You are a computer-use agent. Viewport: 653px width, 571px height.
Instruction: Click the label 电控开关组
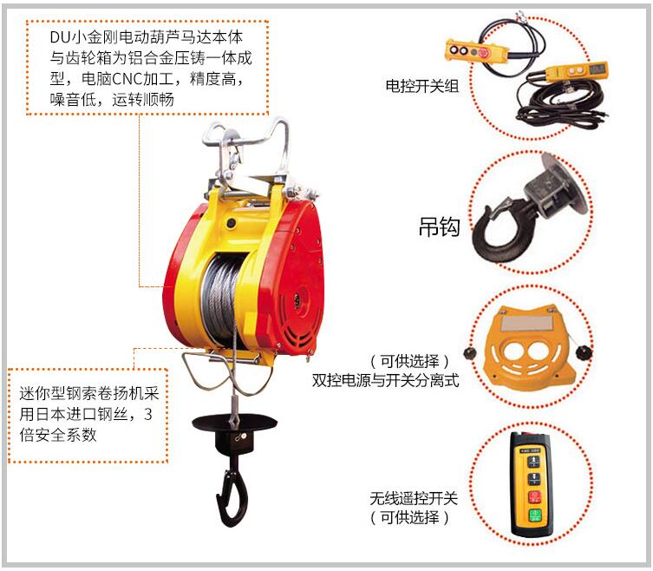tap(421, 86)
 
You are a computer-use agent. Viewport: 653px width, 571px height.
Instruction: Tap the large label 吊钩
tap(440, 227)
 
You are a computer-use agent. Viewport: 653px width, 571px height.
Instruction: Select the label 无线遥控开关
tap(414, 498)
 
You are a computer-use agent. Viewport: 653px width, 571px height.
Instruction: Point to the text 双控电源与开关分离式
tap(386, 380)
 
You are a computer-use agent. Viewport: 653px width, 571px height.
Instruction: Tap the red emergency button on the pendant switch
tap(484, 53)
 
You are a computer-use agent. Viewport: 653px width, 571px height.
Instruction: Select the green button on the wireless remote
tap(535, 515)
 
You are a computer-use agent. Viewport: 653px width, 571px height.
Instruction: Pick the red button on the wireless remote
tap(534, 497)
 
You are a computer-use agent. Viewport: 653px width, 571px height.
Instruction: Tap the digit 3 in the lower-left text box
tap(147, 414)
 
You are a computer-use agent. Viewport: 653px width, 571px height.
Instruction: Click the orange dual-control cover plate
tap(530, 345)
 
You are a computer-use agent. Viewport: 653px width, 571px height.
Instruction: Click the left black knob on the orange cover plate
tap(471, 354)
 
